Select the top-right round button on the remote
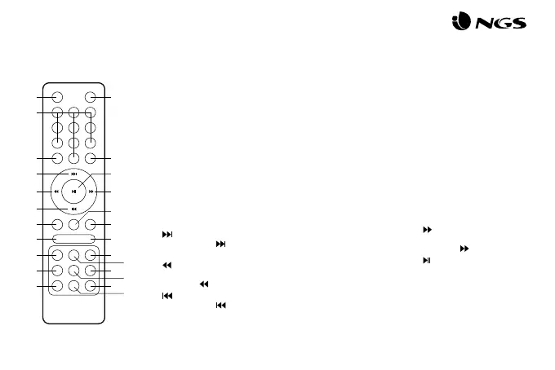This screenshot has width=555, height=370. point(90,99)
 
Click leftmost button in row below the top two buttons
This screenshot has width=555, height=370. point(57,113)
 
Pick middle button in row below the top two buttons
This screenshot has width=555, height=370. point(73,113)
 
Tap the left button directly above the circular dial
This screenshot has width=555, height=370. point(57,157)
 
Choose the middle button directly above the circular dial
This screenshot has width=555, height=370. point(73,157)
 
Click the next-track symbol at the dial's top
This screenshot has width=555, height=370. point(73,174)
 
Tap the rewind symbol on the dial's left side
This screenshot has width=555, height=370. point(55,192)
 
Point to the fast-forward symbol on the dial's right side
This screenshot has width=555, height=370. point(91,192)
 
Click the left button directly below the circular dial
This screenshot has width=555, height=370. point(57,223)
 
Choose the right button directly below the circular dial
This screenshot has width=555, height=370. point(90,223)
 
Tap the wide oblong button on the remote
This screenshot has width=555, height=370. point(73,239)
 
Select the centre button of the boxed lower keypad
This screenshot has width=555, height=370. point(73,270)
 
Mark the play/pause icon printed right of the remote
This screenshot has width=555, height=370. point(426,260)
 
